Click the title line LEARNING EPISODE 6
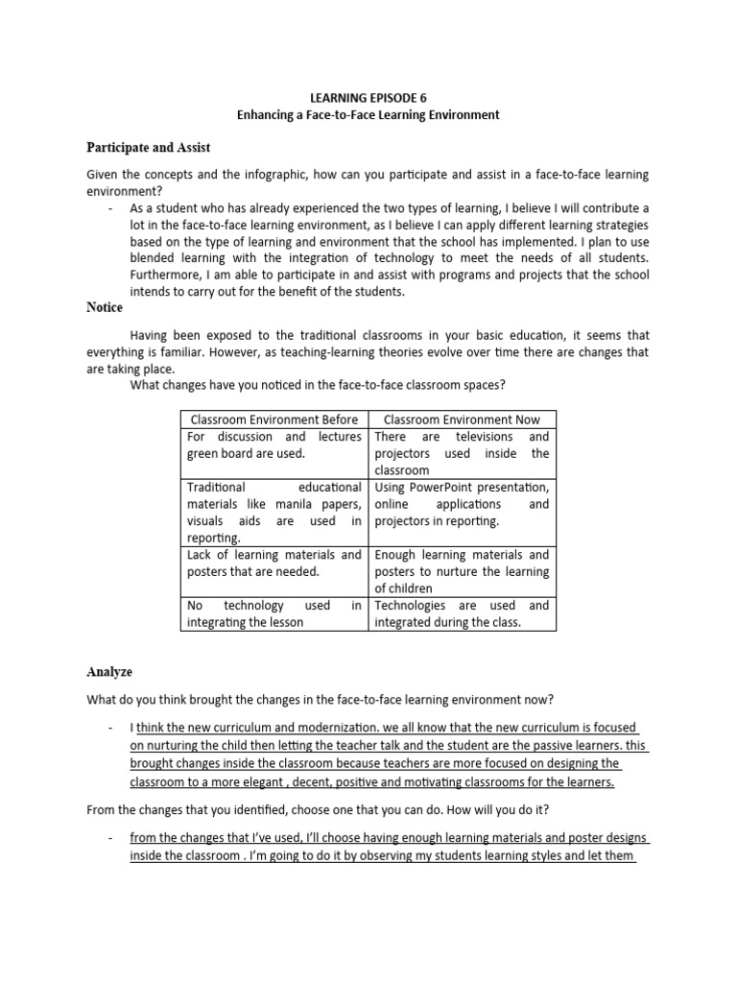[x=368, y=97]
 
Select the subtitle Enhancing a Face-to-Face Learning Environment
[x=368, y=114]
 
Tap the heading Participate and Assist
[x=148, y=147]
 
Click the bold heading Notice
[x=104, y=307]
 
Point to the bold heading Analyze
[x=109, y=672]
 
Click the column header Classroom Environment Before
[x=274, y=420]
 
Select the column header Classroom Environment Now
[x=462, y=420]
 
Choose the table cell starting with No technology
[x=274, y=613]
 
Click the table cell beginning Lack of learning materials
[x=274, y=563]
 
